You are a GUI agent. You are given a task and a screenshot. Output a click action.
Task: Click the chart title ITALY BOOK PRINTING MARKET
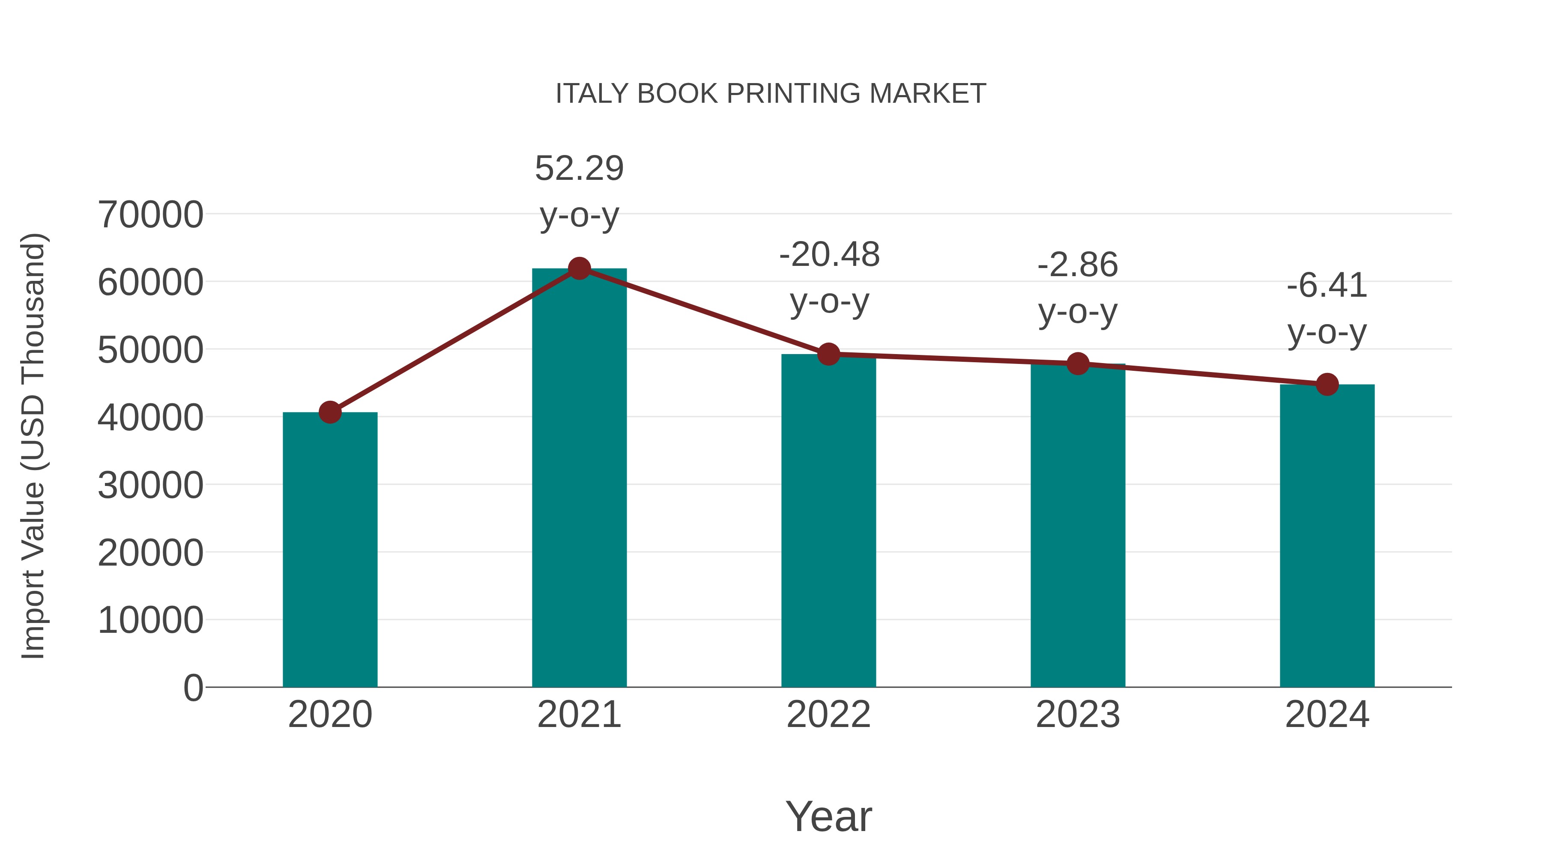771,94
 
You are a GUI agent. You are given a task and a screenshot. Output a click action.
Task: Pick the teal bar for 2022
828,521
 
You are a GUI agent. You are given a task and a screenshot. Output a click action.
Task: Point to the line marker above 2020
330,412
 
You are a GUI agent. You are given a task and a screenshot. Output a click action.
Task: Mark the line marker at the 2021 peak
579,268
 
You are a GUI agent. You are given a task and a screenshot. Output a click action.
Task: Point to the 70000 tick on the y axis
150,215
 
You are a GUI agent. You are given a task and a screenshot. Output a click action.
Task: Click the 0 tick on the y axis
193,688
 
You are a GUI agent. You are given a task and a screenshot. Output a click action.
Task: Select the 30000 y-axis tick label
150,485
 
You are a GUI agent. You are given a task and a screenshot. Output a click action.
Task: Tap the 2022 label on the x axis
828,715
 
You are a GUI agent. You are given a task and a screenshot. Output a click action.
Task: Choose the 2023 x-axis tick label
1078,715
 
